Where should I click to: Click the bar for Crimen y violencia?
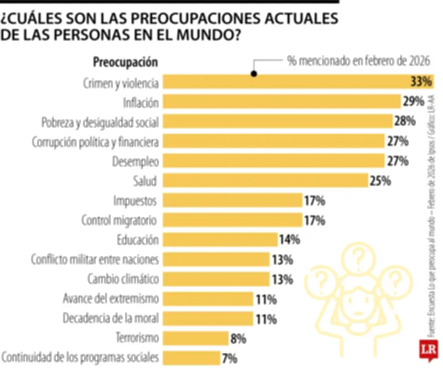tap(299, 82)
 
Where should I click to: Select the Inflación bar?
tap(282, 102)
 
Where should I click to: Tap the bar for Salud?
tap(266, 180)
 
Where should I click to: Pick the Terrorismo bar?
tap(197, 338)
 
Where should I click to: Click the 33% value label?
tap(420, 82)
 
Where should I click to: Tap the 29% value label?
tap(414, 102)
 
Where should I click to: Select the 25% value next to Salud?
tap(381, 180)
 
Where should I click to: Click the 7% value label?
tap(229, 358)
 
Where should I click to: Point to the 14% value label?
tap(289, 239)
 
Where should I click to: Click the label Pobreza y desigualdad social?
tap(101, 122)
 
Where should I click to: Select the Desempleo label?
tap(137, 161)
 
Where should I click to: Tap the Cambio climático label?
tap(123, 278)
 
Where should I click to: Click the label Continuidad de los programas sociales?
tap(81, 358)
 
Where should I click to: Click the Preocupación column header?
tap(125, 62)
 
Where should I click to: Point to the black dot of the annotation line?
tap(254, 73)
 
